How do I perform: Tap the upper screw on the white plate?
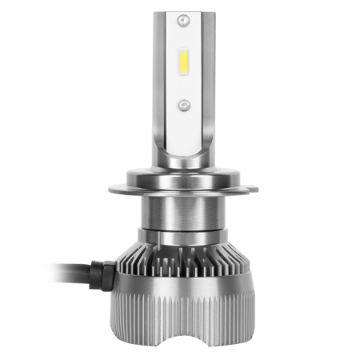tap(183, 17)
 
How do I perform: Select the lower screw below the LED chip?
tap(183, 105)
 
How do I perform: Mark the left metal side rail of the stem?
tap(161, 80)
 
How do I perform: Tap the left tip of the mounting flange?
tap(110, 190)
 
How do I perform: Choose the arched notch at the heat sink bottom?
tap(183, 336)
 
